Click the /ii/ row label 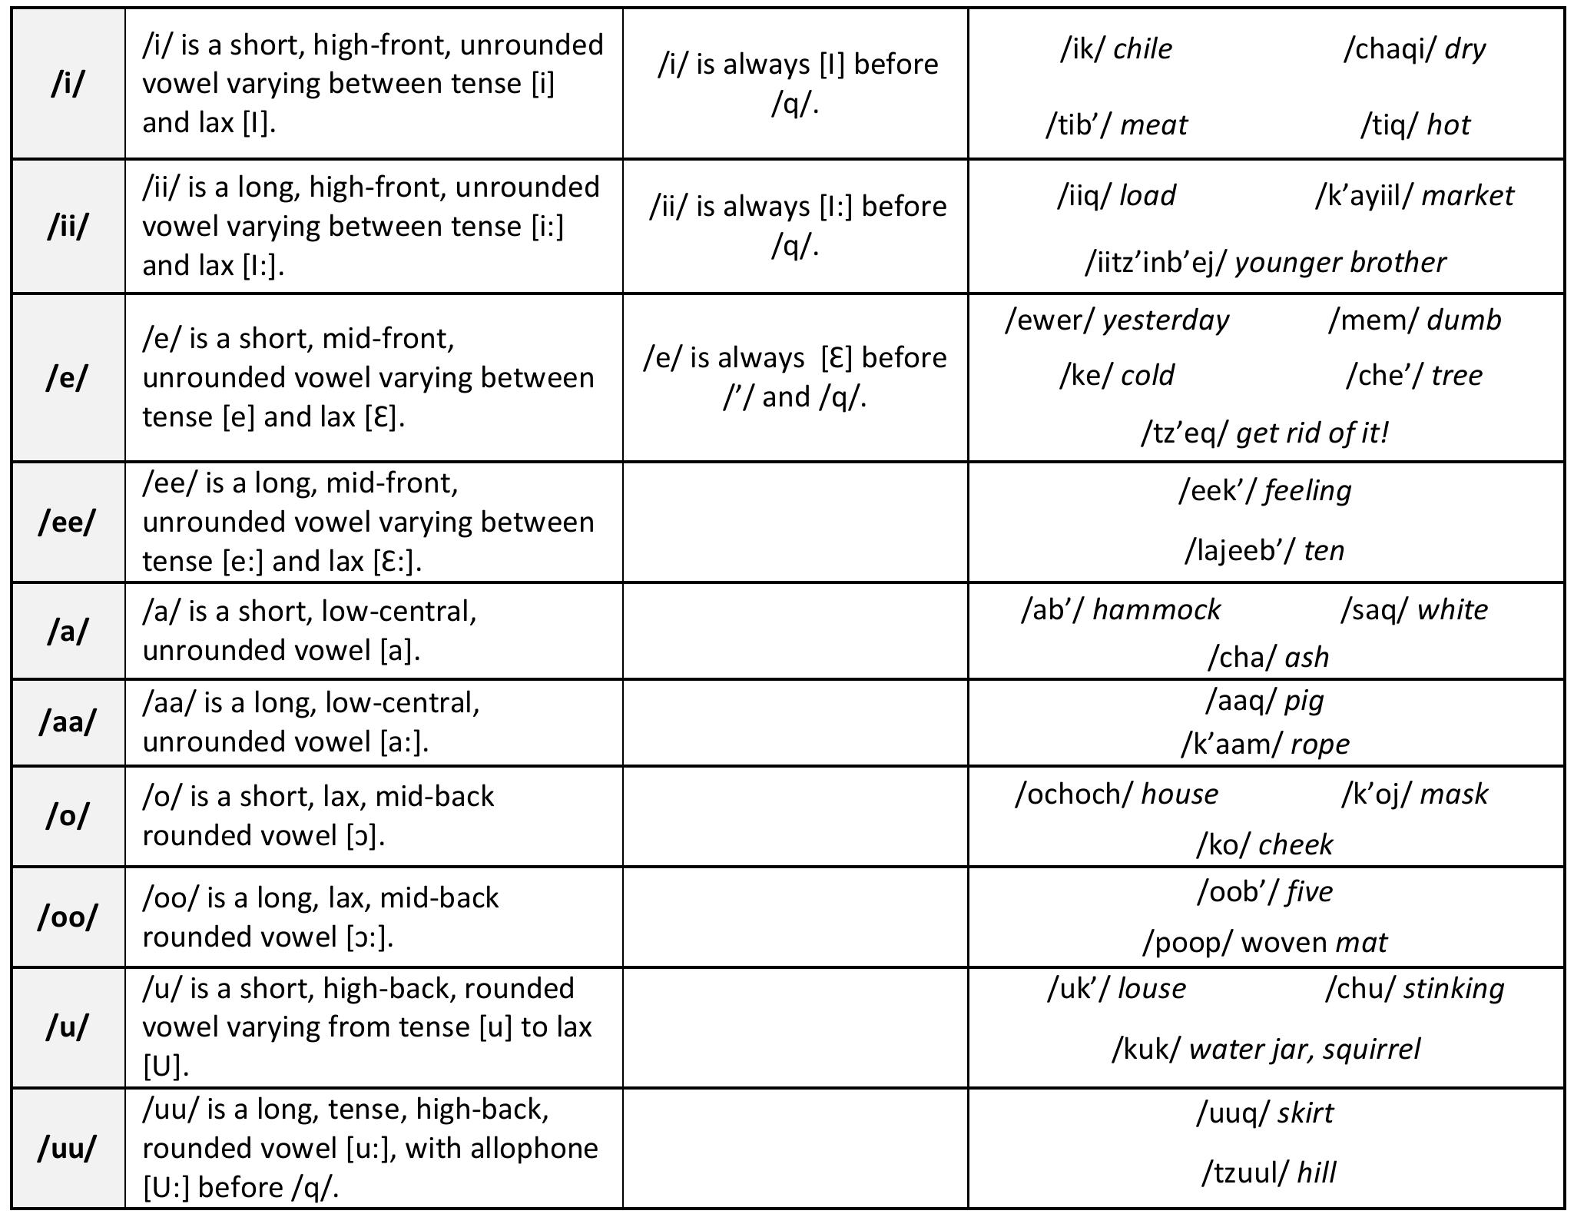point(68,227)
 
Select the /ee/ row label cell point(68,522)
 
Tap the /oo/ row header point(68,917)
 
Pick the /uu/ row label point(68,1148)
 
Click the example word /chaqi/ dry point(1414,49)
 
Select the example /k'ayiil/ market point(1414,196)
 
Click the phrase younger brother point(1340,263)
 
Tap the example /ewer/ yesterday point(1116,320)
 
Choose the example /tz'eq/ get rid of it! point(1265,433)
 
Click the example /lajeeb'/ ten point(1264,550)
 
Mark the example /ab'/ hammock point(1120,610)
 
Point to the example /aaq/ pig point(1264,701)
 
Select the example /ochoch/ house point(1116,794)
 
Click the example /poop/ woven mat point(1264,942)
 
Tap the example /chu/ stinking point(1414,989)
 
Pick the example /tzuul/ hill point(1268,1173)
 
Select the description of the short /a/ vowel point(310,631)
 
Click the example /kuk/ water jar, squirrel point(1266,1049)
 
